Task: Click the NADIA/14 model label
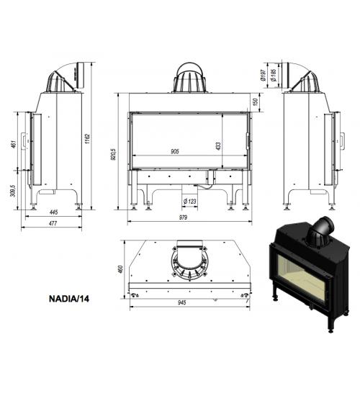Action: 69,299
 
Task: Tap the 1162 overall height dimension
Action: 87,139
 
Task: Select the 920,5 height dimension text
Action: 114,154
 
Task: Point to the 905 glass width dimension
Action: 175,151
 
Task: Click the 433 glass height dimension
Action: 218,146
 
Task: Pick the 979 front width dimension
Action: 183,217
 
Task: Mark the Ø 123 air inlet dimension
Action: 190,202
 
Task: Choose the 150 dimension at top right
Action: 255,102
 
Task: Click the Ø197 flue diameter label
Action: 264,75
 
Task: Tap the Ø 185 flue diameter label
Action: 274,75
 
